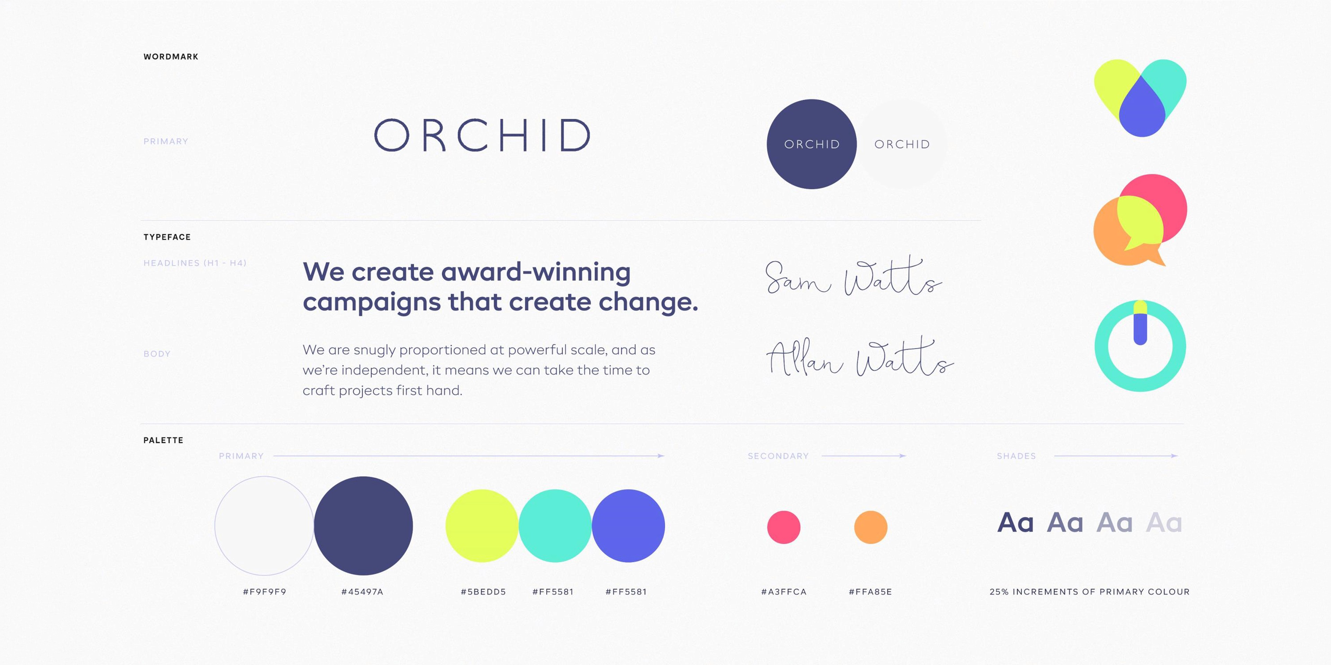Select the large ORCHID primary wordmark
(x=482, y=135)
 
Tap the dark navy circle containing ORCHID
(x=812, y=144)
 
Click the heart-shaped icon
(x=1140, y=98)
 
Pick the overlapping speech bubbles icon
(x=1140, y=220)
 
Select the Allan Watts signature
(x=859, y=357)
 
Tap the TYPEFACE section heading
(x=167, y=237)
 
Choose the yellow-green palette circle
(x=481, y=526)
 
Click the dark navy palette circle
(x=363, y=526)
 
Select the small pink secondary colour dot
(x=783, y=527)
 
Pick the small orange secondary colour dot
(x=871, y=527)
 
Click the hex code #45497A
(x=362, y=592)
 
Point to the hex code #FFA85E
(x=870, y=592)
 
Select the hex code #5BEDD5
(x=483, y=592)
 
